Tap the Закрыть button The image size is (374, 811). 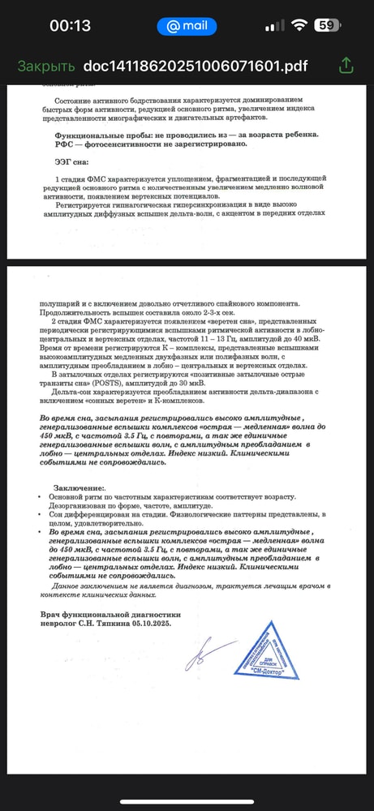coord(46,66)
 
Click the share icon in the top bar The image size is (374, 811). coord(346,65)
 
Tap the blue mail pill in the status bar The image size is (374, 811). coord(187,25)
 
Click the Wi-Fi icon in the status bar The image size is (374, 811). coord(299,25)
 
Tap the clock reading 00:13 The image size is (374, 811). coord(71,25)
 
